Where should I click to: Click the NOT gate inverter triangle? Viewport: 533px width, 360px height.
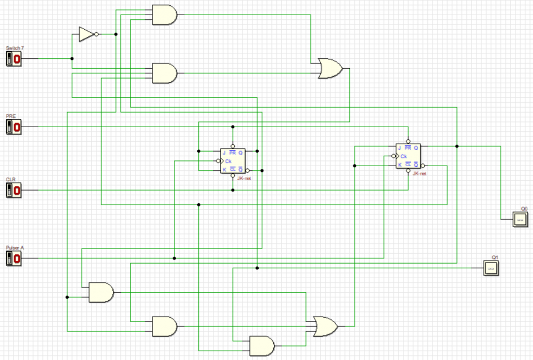coord(86,34)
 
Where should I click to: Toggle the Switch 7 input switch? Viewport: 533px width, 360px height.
coord(14,59)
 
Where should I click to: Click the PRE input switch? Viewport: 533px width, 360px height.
coord(14,127)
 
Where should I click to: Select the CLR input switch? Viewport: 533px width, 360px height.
coord(14,190)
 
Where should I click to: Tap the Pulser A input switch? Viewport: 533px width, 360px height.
coord(14,258)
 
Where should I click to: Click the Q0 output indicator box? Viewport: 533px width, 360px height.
coord(520,219)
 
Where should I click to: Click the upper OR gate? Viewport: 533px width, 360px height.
coord(329,68)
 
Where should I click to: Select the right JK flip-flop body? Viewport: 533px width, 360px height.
coord(409,156)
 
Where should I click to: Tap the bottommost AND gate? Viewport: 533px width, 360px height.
coord(262,345)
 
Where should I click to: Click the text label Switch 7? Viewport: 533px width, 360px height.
coord(15,48)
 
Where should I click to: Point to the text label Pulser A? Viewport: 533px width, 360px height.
coord(15,247)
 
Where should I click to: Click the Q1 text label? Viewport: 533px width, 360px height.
coord(495,257)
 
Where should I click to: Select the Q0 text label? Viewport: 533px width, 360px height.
coord(524,208)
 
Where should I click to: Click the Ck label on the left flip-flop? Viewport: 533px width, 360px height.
coord(228,162)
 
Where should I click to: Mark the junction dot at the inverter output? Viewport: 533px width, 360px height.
coord(116,34)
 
